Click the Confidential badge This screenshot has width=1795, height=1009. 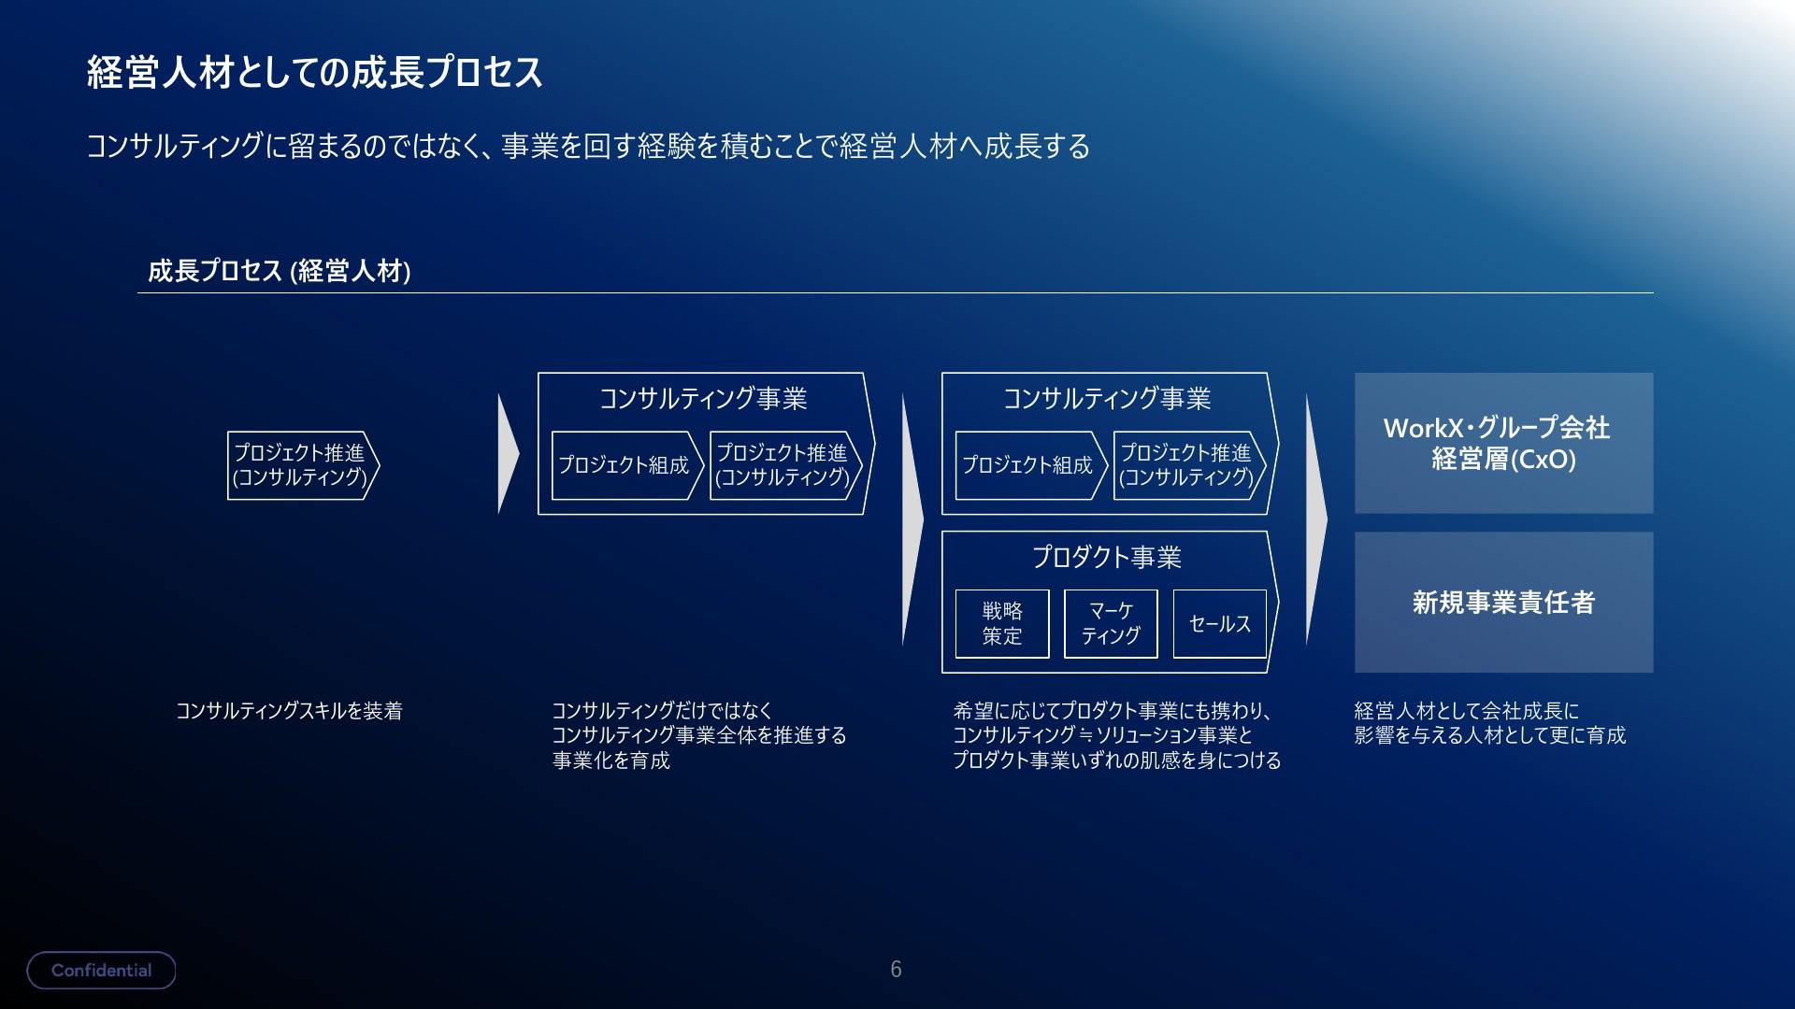click(101, 970)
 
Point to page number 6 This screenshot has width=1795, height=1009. click(896, 969)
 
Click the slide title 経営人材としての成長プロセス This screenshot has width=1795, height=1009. click(315, 72)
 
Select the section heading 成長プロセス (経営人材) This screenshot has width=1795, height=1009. click(280, 271)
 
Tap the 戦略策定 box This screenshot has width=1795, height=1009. click(1002, 623)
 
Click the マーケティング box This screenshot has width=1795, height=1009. click(1111, 623)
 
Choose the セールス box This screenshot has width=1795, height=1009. click(1220, 623)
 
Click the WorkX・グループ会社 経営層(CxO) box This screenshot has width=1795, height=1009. click(1503, 443)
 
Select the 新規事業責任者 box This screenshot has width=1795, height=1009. click(1503, 602)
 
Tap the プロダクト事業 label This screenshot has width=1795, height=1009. click(1107, 557)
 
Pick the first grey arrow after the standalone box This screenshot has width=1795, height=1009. click(509, 454)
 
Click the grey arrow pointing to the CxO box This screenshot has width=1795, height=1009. click(1316, 519)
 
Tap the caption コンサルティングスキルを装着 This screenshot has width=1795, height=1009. click(290, 711)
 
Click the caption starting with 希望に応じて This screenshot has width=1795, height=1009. click(1116, 735)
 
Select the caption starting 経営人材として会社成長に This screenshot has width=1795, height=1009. click(1490, 723)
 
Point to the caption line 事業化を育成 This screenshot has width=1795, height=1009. click(611, 760)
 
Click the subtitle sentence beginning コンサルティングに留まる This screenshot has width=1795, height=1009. click(588, 147)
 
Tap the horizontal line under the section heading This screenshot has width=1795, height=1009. click(896, 293)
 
